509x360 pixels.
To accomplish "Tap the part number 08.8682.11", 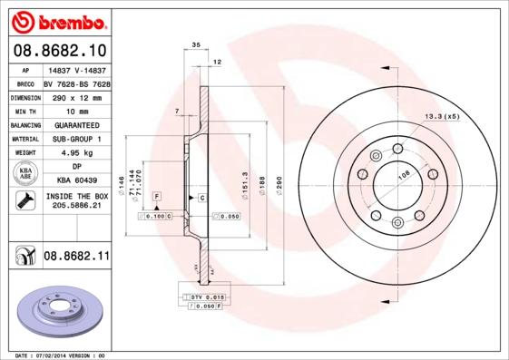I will (76, 258).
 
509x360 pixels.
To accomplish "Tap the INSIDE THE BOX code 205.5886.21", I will (75, 206).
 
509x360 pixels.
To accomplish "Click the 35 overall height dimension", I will (196, 44).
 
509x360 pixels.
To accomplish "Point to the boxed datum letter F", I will (156, 197).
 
